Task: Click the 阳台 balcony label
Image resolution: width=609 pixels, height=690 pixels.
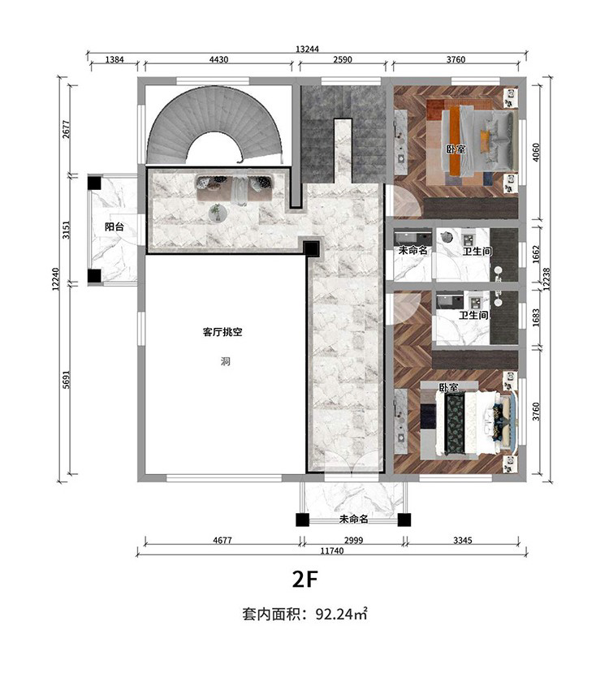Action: click(x=114, y=227)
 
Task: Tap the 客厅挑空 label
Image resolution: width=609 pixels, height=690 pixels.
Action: click(x=222, y=332)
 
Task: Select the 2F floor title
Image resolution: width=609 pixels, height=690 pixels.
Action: click(x=304, y=580)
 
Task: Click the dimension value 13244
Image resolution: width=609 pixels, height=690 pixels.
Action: click(x=307, y=49)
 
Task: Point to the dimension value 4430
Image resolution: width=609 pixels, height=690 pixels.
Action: click(x=218, y=59)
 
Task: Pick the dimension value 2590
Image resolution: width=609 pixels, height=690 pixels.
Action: click(x=343, y=59)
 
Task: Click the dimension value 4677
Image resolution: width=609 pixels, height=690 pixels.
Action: click(x=222, y=541)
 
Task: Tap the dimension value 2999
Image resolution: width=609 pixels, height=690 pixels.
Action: click(x=353, y=541)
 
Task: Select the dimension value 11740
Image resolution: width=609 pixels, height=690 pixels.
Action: click(x=332, y=551)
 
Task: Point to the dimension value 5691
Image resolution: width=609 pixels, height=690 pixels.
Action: click(x=67, y=379)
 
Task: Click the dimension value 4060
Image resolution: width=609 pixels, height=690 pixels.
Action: click(x=536, y=153)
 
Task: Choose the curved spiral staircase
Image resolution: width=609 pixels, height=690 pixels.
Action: click(x=214, y=124)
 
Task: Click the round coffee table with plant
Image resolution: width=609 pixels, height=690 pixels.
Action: click(x=217, y=213)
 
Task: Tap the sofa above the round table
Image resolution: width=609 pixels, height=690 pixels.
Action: click(x=235, y=188)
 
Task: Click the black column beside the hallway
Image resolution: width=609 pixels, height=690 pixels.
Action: click(x=312, y=249)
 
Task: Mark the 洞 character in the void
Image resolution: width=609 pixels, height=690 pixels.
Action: click(x=225, y=362)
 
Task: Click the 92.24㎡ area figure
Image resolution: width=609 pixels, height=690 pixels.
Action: click(x=342, y=614)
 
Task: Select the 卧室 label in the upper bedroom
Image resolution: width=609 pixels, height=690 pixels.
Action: click(x=456, y=149)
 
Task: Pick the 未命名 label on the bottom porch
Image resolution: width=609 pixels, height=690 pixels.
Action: click(x=353, y=520)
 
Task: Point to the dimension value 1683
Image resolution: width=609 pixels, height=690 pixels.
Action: click(x=536, y=317)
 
